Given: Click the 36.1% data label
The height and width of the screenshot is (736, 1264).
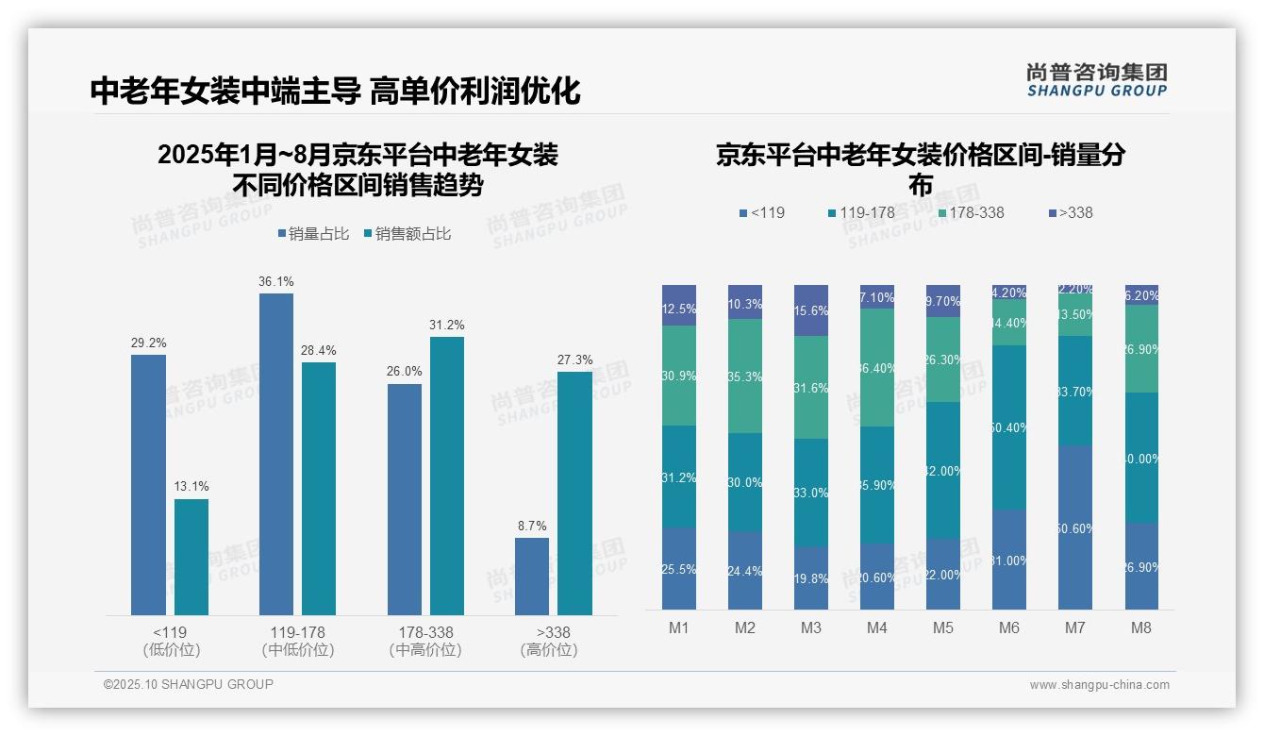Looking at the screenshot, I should pos(276,281).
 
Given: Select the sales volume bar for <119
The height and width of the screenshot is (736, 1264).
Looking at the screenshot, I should pos(148,485).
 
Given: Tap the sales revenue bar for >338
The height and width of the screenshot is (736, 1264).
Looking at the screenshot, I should pos(574,493).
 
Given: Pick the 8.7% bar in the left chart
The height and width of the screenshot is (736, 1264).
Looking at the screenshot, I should pos(532,577).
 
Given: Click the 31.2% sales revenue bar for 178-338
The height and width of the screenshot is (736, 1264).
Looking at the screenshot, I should pos(447,477).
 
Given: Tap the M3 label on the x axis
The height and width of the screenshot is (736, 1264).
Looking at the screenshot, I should pos(810,628).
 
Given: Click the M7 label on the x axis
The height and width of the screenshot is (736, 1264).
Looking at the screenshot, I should pos(1075,628).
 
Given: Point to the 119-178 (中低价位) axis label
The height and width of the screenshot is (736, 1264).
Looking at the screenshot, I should pos(298,641).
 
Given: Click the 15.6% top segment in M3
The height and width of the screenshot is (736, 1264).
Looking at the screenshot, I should pos(811,310).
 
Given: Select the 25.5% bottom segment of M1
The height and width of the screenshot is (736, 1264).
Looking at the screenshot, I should pos(679,568).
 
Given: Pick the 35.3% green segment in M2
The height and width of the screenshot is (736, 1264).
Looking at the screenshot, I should pos(745,376).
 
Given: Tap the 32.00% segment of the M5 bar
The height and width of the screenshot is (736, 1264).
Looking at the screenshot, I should pos(943,470).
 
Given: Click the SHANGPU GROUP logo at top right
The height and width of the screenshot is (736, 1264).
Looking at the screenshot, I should pos(1096,80).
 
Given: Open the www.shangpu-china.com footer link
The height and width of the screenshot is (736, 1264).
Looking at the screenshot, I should pos(1099,685).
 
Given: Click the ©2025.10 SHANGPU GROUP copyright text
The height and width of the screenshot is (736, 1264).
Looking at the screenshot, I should pos(189,684).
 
